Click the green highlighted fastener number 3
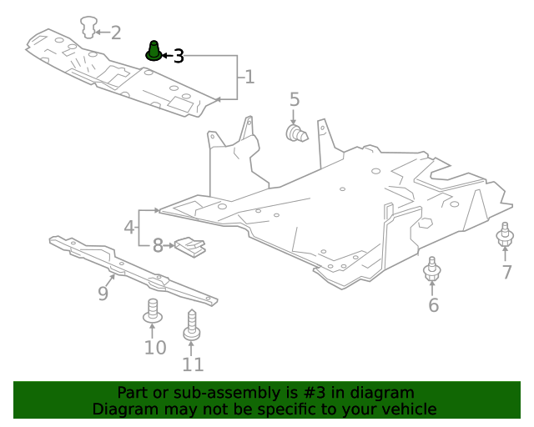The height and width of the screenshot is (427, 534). point(154,51)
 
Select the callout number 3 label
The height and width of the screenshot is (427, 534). point(178,56)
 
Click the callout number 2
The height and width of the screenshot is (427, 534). point(115,33)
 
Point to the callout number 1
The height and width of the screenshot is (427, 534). point(249,78)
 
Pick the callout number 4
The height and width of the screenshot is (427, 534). point(129,227)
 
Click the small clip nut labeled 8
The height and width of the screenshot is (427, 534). point(189,248)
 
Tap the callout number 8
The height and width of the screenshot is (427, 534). point(158,246)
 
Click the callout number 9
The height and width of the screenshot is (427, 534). point(103,293)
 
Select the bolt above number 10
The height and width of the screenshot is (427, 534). point(153,310)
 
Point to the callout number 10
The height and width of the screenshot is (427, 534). point(154,347)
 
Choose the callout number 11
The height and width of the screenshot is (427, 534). point(193,364)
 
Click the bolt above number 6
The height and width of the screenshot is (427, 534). point(432,270)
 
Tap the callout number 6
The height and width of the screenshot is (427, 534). point(433,305)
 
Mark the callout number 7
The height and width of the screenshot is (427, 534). point(506,273)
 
